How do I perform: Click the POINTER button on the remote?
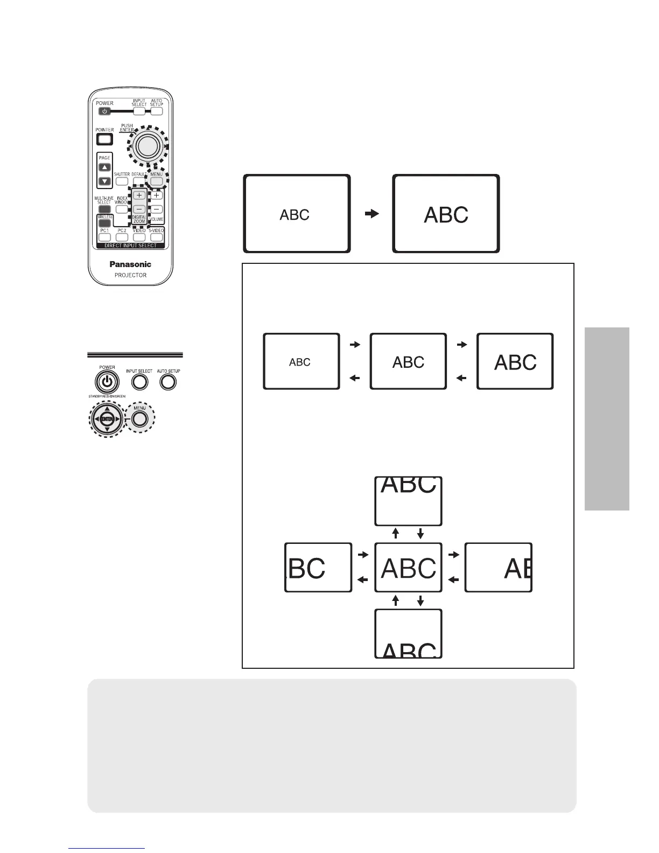click(x=104, y=139)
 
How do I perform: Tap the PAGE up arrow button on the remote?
click(x=104, y=167)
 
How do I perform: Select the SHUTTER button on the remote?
click(x=122, y=181)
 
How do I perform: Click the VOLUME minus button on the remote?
click(x=156, y=209)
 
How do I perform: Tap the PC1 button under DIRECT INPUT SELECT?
click(x=104, y=237)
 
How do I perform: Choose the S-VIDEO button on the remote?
click(x=156, y=237)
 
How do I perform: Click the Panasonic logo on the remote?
click(x=130, y=264)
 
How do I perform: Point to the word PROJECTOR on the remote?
click(x=130, y=275)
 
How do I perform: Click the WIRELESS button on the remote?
click(x=104, y=222)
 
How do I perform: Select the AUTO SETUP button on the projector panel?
click(x=168, y=382)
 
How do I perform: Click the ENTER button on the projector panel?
click(x=107, y=419)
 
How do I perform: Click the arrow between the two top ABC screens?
click(x=371, y=214)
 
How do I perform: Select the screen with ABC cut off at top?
click(x=408, y=501)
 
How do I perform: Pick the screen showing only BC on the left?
click(x=318, y=568)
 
